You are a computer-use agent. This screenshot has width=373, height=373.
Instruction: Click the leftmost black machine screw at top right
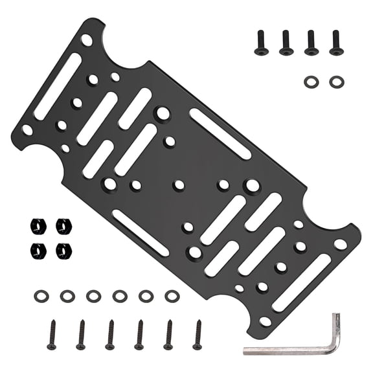coord(261,43)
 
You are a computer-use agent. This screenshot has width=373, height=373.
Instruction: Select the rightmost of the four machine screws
coord(336,43)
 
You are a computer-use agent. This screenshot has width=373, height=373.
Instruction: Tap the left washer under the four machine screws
coord(311,82)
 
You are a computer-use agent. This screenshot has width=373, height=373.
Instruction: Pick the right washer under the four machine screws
coord(336,82)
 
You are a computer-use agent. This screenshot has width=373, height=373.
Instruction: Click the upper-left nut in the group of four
coord(38,226)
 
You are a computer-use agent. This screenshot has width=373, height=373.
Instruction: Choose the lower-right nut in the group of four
coord(63,249)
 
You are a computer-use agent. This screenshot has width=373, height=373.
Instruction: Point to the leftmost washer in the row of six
coord(41,296)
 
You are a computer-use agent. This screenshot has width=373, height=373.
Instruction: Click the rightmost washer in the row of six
coord(172,296)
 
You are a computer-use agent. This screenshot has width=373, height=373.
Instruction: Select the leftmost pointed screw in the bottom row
coord(52,334)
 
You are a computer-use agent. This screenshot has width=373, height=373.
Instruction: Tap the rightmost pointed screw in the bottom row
coord(197,334)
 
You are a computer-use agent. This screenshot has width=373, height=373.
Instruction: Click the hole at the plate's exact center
coord(179,185)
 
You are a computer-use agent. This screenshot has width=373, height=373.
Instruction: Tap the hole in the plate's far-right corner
coord(340,245)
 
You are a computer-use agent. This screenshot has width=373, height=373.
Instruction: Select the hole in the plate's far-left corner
coord(28,130)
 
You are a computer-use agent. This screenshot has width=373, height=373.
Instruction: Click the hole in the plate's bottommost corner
coord(266,321)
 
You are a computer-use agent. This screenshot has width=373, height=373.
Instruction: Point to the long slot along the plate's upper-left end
coord(58,86)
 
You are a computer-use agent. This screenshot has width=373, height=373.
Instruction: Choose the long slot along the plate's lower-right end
coord(301,282)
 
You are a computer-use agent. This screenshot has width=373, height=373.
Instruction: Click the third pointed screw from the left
coord(110,334)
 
